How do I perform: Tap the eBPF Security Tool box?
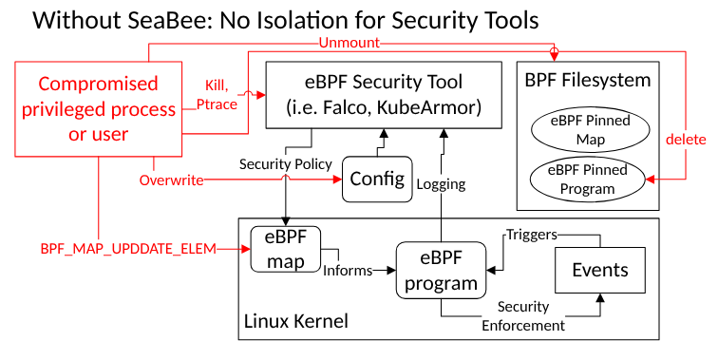pyautogui.click(x=384, y=93)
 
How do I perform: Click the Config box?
pyautogui.click(x=376, y=180)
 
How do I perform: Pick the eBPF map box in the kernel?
pyautogui.click(x=286, y=249)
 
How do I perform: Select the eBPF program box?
pyautogui.click(x=441, y=270)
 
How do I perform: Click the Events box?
pyautogui.click(x=600, y=270)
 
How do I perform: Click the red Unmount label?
pyautogui.click(x=348, y=44)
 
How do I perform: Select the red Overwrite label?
pyautogui.click(x=171, y=180)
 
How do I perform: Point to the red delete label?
pyautogui.click(x=686, y=139)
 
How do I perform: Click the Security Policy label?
pyautogui.click(x=286, y=163)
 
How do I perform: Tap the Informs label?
pyautogui.click(x=347, y=271)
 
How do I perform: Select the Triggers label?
pyautogui.click(x=530, y=235)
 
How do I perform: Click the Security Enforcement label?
pyautogui.click(x=523, y=316)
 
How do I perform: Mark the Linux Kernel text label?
pyautogui.click(x=296, y=321)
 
